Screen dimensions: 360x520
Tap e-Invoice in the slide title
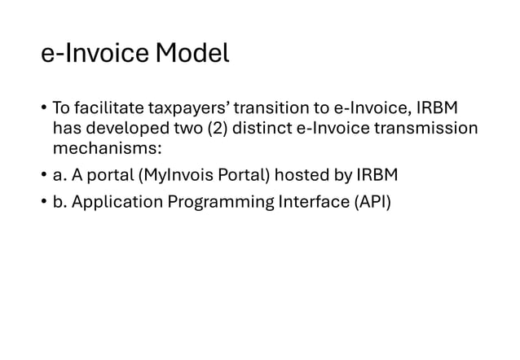pyautogui.click(x=95, y=54)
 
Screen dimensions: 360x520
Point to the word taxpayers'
pyautogui.click(x=185, y=108)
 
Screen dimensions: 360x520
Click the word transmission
pyautogui.click(x=429, y=129)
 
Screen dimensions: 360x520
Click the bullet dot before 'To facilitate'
pyautogui.click(x=44, y=109)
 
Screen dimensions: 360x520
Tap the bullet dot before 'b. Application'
pyautogui.click(x=44, y=200)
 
